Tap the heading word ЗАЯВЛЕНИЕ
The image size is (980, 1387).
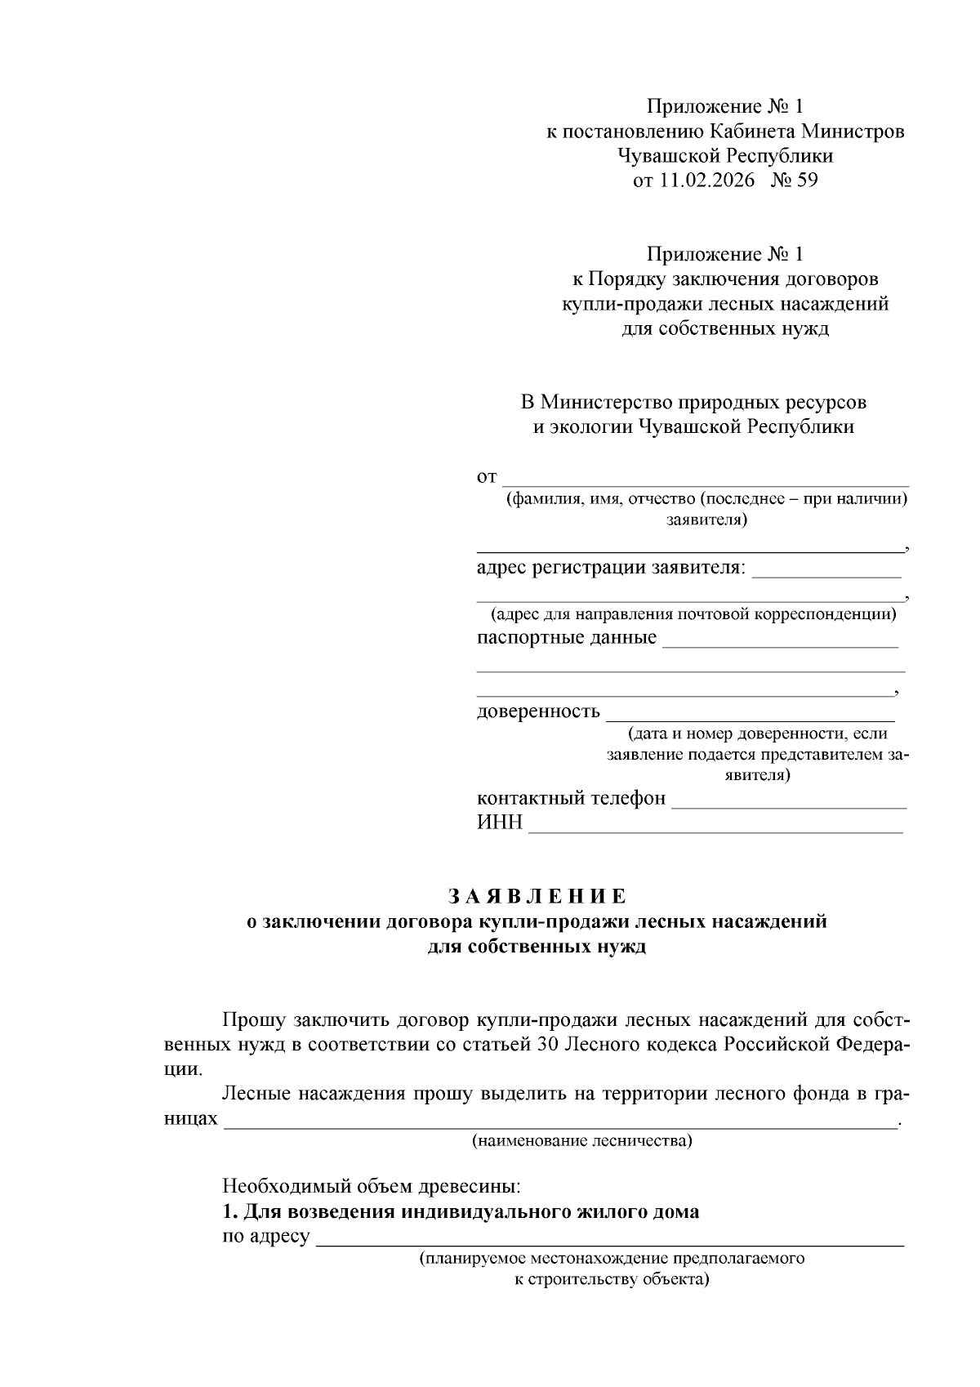[537, 896]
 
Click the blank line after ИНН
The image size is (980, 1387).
[715, 830]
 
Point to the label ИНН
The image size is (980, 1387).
[499, 823]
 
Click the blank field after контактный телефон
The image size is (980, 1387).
[788, 805]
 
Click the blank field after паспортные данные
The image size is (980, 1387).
[780, 645]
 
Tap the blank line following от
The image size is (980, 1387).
[706, 484]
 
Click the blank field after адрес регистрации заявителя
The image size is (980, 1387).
[826, 575]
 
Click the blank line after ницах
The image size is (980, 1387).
[559, 1126]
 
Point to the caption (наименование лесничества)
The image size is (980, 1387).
[581, 1141]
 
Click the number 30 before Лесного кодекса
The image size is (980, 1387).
[548, 1045]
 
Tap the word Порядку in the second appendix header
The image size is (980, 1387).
[627, 279]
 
